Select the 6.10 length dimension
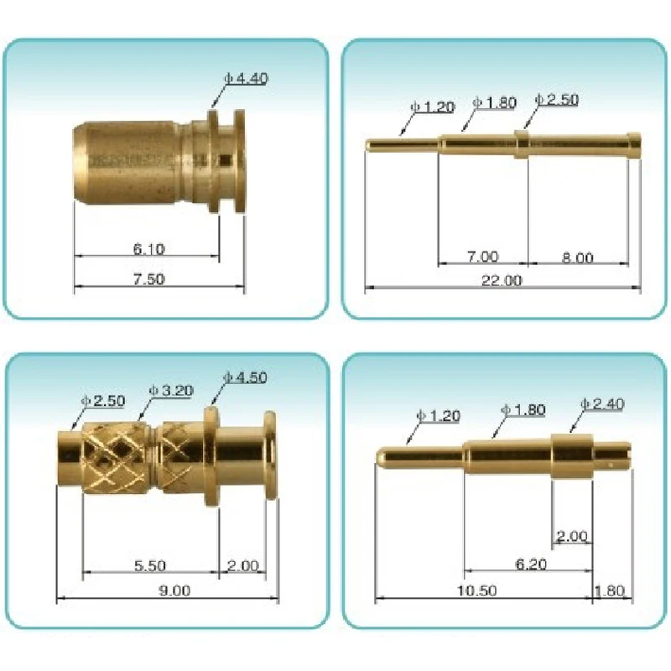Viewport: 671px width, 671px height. coord(148,248)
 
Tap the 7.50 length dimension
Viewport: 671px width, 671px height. coord(148,279)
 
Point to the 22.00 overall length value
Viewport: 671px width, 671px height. coord(501,280)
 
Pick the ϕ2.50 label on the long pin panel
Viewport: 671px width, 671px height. coord(557,101)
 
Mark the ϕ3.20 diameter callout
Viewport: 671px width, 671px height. coord(171,390)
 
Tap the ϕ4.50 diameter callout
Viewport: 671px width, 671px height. coord(245,377)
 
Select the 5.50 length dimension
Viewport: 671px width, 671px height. coord(149,565)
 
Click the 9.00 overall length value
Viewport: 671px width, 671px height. coord(174,590)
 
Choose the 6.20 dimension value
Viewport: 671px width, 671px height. coord(530,565)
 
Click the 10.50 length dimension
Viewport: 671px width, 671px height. coord(478,590)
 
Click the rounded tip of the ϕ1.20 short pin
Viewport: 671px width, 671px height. coord(380,457)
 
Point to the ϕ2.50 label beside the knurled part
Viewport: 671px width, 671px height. coord(103,401)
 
